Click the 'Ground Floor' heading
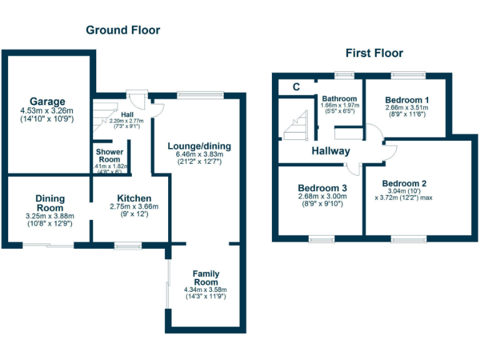122,30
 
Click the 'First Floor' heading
374,53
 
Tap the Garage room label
47,101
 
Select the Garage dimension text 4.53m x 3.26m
47,110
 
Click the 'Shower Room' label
109,155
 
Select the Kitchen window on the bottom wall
128,246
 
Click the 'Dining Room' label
49,203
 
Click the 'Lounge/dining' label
199,146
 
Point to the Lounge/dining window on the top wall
199,95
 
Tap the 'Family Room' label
206,278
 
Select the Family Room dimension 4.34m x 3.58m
205,290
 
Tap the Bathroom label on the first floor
339,99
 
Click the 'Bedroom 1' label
407,99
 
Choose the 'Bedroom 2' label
404,183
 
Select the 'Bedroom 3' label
322,187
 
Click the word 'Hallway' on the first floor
331,151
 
